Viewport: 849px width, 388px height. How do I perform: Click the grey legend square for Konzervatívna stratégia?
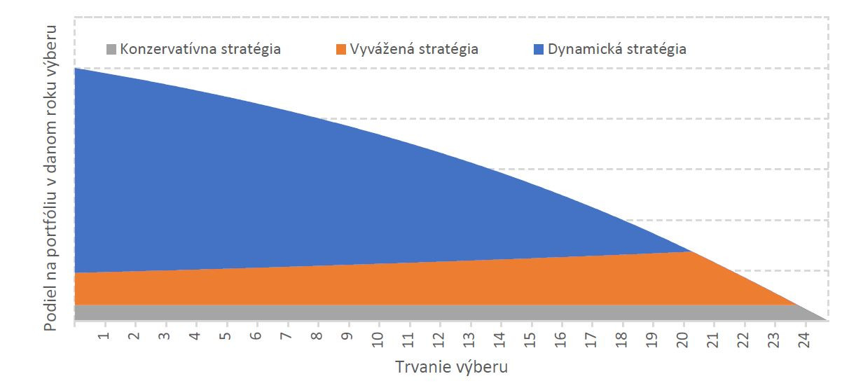click(111, 50)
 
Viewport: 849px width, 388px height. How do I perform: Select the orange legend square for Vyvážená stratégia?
click(341, 50)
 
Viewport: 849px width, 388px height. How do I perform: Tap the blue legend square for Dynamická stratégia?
click(539, 50)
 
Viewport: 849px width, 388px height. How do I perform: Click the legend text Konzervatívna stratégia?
click(200, 50)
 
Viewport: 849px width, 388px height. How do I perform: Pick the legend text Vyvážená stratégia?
click(414, 50)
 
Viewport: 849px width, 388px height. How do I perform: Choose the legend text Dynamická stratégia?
click(617, 50)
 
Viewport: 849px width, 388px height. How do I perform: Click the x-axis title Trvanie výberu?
click(451, 367)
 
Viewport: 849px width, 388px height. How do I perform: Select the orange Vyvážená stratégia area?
click(420, 284)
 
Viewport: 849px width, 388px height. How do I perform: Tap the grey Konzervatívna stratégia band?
click(420, 312)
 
